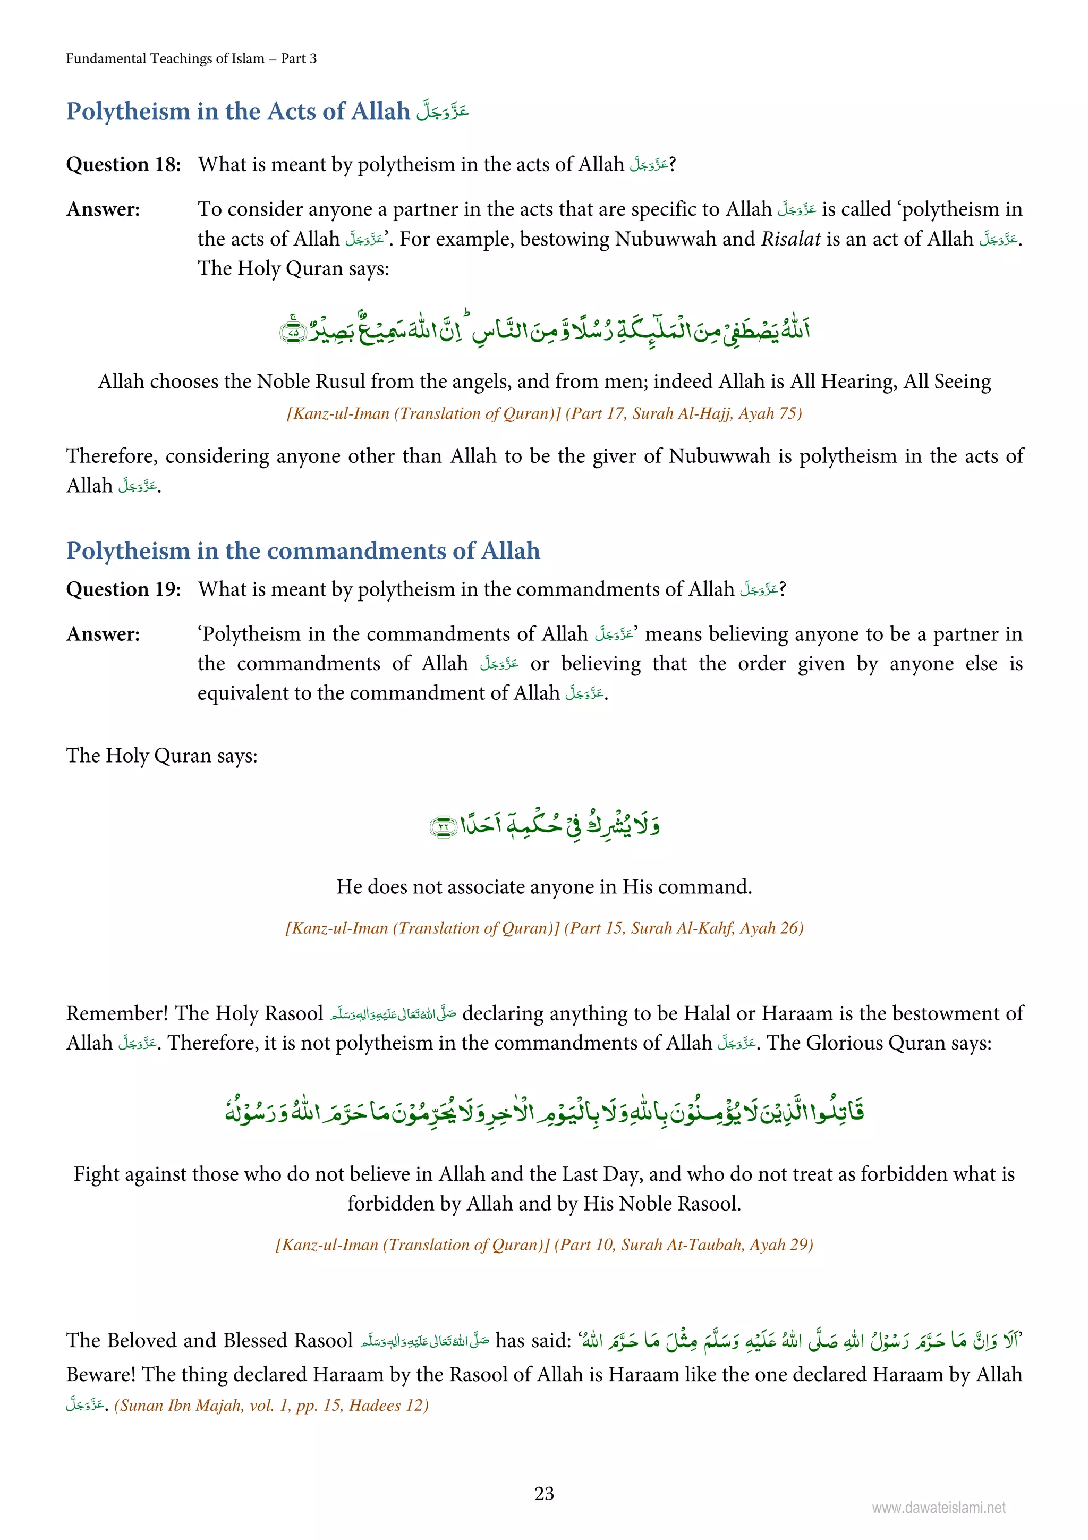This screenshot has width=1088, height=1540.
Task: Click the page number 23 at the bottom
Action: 543,1493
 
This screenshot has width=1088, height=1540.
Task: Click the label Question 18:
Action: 123,164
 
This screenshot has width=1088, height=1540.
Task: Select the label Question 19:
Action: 123,589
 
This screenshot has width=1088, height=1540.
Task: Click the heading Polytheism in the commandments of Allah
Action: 302,551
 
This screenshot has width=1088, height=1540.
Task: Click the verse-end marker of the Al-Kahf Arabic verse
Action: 443,826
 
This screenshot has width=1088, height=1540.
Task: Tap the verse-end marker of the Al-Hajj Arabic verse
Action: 292,331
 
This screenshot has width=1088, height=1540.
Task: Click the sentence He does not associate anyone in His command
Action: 543,887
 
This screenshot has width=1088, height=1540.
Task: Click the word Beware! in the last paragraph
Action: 100,1374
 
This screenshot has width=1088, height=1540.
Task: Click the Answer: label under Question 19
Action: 103,634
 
